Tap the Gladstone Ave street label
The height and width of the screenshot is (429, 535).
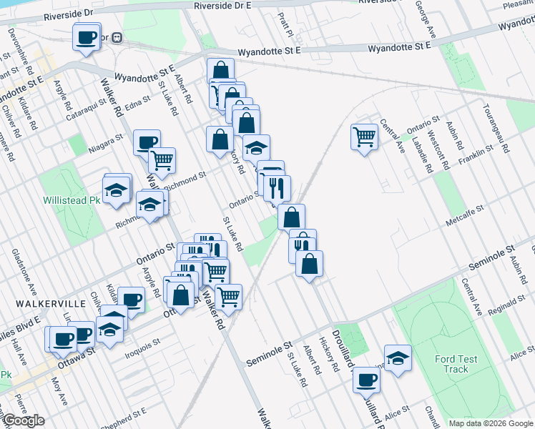pos(24,272)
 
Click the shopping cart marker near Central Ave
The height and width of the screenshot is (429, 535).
pos(365,136)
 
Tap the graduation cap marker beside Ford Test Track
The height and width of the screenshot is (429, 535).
pos(398,357)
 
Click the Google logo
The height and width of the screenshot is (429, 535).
pos(23,420)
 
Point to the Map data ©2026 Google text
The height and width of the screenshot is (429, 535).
pos(491,423)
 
